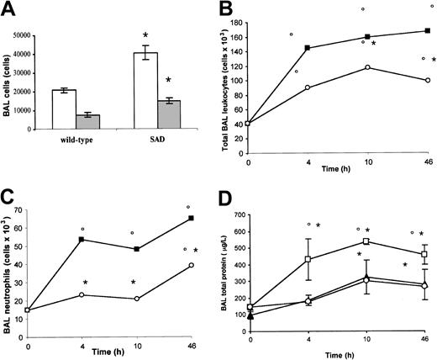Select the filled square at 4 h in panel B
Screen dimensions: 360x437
308,48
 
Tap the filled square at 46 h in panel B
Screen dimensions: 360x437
428,31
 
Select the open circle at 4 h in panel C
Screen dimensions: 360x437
82,294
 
